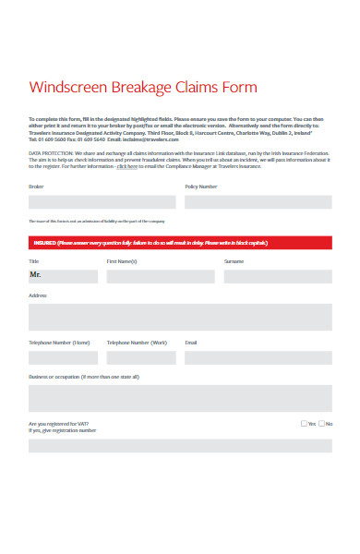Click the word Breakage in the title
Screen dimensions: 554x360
pyautogui.click(x=141, y=88)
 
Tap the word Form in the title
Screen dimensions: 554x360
pyautogui.click(x=239, y=88)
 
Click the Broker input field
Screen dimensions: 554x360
pyautogui.click(x=102, y=202)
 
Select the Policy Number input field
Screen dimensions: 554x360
pyautogui.click(x=258, y=202)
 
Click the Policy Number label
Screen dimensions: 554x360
pyautogui.click(x=201, y=187)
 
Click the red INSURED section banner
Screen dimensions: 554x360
pyautogui.click(x=180, y=243)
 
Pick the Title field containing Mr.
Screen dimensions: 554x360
pyautogui.click(x=63, y=275)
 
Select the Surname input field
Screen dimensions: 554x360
pyautogui.click(x=277, y=275)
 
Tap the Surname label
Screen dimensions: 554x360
pyautogui.click(x=234, y=261)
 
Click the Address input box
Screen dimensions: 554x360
pyautogui.click(x=180, y=317)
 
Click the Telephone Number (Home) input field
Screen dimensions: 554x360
pyautogui.click(x=63, y=357)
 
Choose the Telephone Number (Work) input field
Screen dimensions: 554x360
pyautogui.click(x=141, y=357)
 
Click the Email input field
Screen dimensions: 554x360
pyautogui.click(x=258, y=357)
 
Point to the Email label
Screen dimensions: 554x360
pyautogui.click(x=191, y=343)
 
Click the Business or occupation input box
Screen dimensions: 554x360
pyautogui.click(x=180, y=398)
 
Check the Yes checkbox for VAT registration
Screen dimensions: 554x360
pyautogui.click(x=305, y=424)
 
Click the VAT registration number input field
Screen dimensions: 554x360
pyautogui.click(x=180, y=445)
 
